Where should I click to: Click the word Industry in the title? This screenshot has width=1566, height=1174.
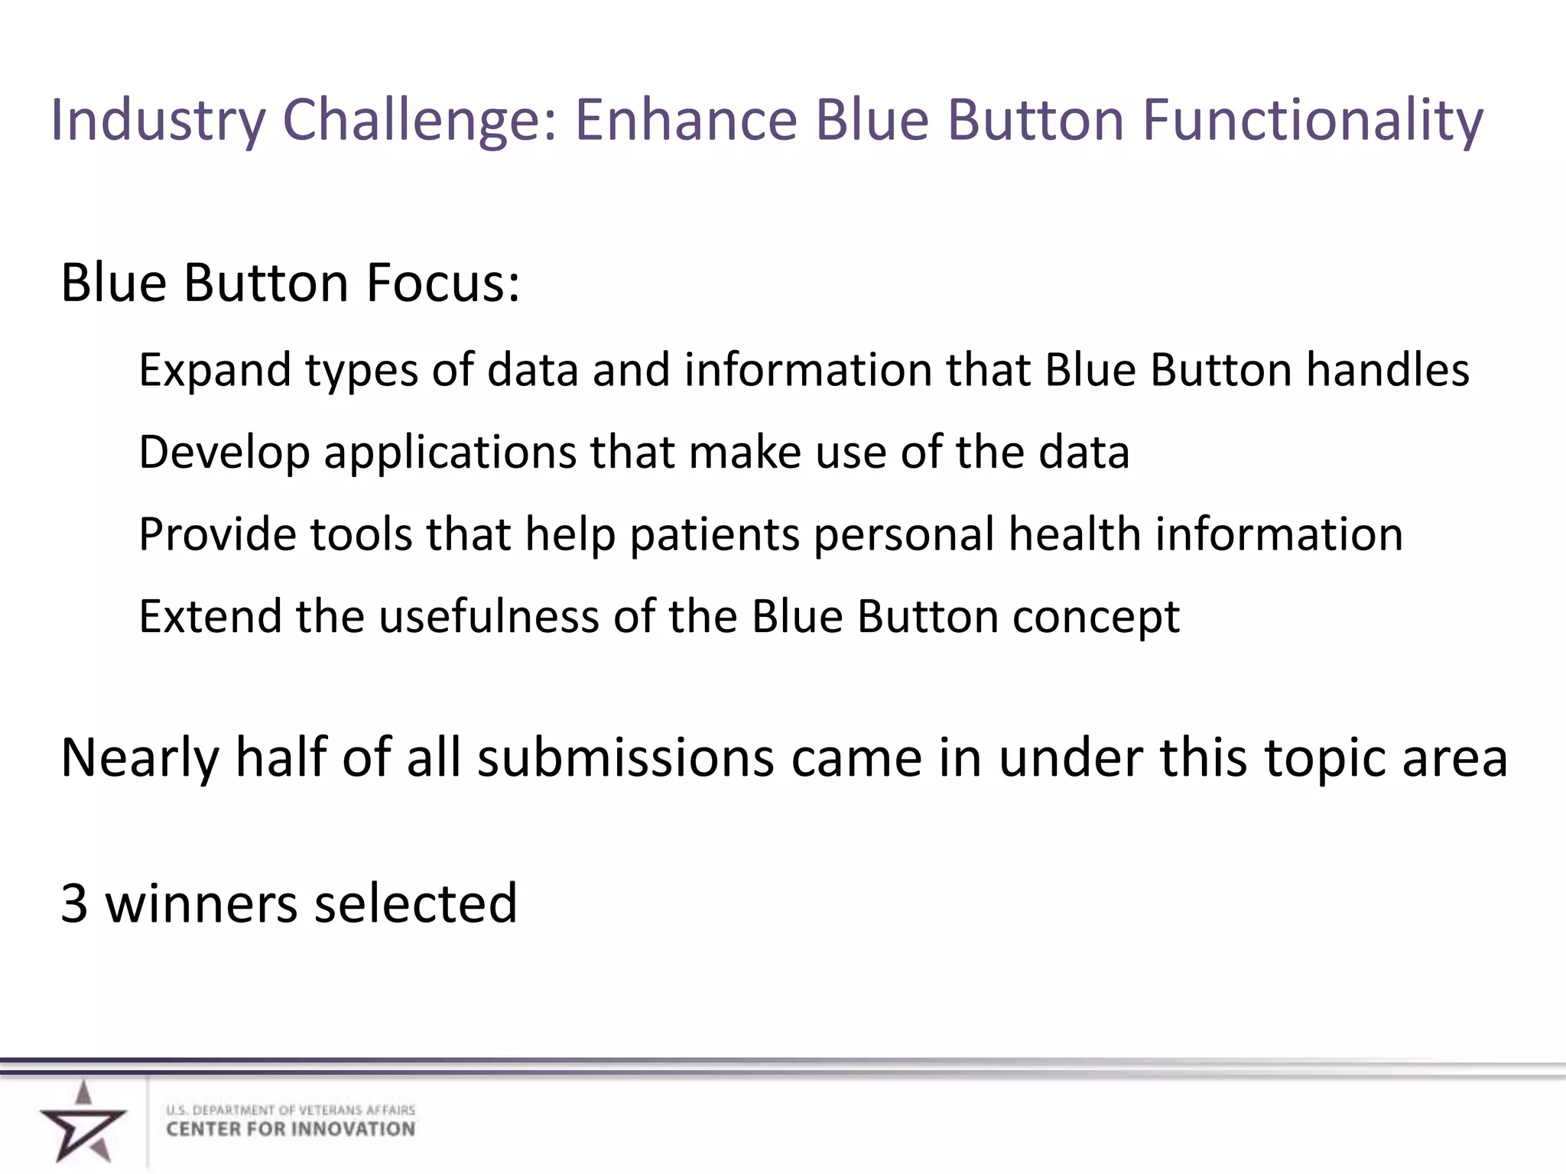158,121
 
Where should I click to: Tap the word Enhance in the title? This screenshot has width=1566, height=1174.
686,121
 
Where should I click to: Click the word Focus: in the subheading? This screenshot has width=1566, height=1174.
443,283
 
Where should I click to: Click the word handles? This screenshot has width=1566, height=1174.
1387,371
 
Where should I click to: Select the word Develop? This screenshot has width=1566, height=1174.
224,452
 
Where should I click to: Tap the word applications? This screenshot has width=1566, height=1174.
450,452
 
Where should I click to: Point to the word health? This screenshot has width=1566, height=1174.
1074,534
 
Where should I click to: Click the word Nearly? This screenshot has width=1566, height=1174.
140,759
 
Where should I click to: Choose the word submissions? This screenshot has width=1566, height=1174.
625,759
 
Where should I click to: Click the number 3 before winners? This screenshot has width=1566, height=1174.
74,904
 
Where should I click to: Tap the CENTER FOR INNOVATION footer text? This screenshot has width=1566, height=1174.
291,1130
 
